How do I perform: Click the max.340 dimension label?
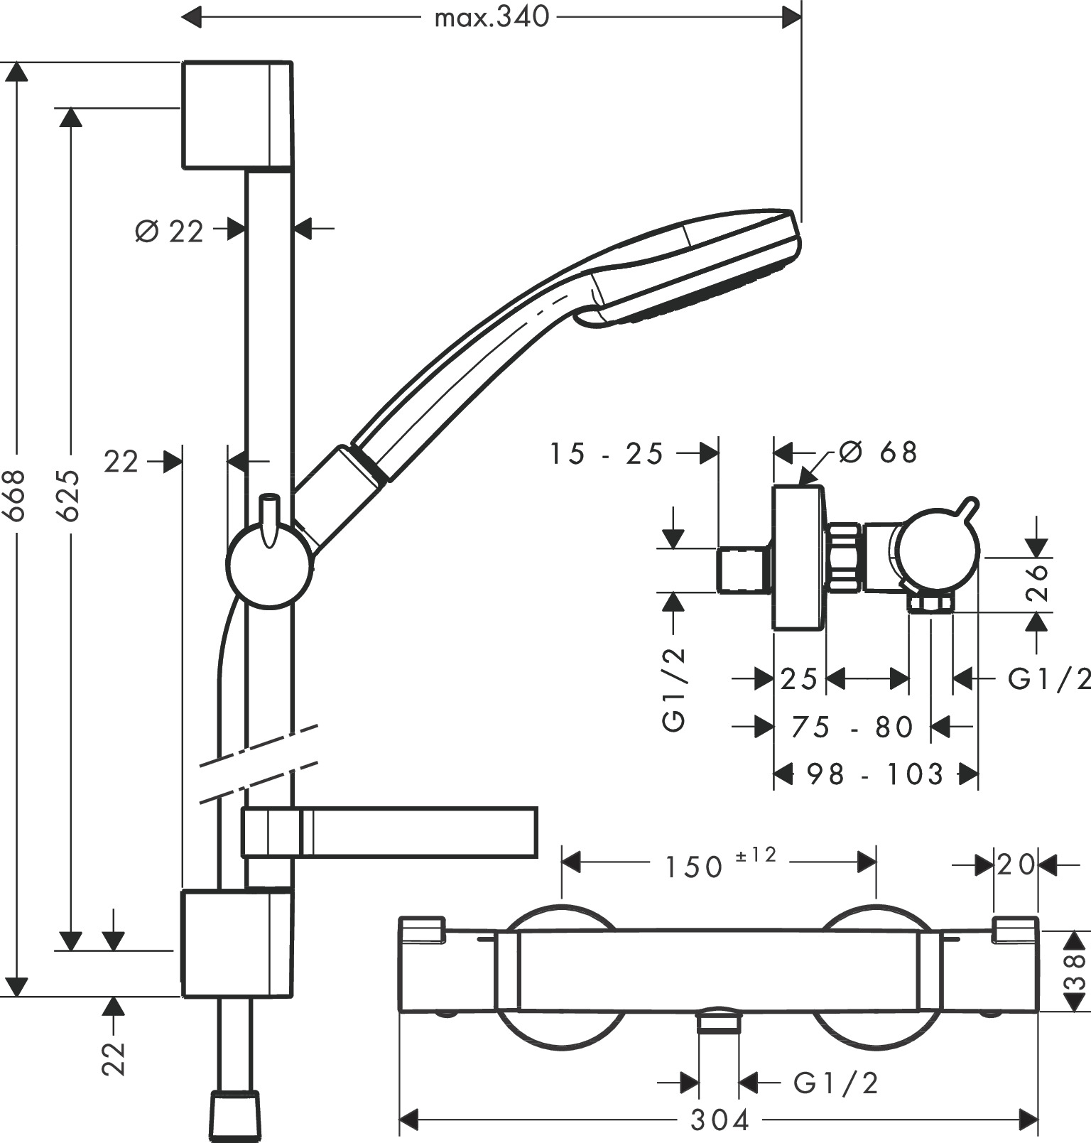[492, 17]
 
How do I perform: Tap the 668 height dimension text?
[16, 494]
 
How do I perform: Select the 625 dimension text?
[70, 494]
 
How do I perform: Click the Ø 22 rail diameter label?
[169, 231]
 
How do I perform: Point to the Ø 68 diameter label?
[878, 452]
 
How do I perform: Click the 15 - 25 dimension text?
[607, 454]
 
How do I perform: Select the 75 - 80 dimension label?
[852, 727]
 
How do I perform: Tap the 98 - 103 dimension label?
[875, 774]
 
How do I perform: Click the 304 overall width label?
[720, 1121]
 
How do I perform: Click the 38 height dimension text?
[1076, 972]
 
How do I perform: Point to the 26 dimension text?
[1038, 582]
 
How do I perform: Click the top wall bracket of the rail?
[237, 115]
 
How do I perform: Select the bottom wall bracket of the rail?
[237, 943]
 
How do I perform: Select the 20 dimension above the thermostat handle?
[1016, 865]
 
